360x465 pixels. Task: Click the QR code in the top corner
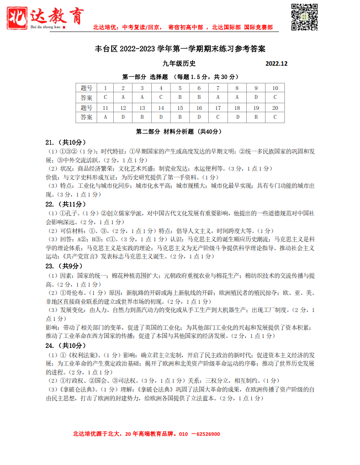pyautogui.click(x=304, y=17)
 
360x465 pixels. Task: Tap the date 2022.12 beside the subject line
pyautogui.click(x=276, y=64)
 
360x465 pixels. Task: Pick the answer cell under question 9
pyautogui.click(x=256, y=98)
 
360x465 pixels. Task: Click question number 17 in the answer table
pyautogui.click(x=218, y=108)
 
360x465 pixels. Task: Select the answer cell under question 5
pyautogui.click(x=180, y=98)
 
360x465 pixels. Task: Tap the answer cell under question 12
pyautogui.click(x=123, y=118)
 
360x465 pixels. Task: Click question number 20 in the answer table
pyautogui.click(x=275, y=108)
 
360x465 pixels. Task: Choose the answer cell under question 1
pyautogui.click(x=105, y=98)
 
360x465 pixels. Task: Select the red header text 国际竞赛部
pyautogui.click(x=258, y=27)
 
